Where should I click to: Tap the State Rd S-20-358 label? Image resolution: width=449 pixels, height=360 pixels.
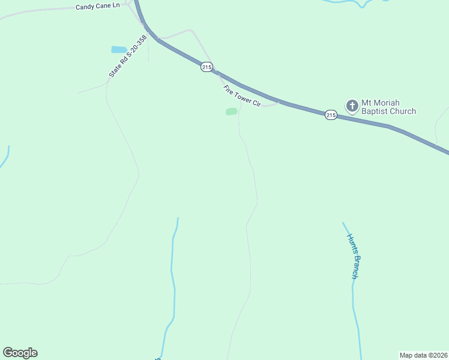(x=127, y=56)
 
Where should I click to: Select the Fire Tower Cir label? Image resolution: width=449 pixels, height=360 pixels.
(x=242, y=96)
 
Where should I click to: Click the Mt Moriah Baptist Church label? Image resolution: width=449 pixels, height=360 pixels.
(x=388, y=107)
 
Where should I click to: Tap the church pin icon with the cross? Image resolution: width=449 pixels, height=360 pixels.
(x=352, y=106)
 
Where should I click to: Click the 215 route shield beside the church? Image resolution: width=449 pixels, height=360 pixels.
(x=331, y=115)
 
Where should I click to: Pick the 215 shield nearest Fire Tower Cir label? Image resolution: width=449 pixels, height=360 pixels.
(x=206, y=68)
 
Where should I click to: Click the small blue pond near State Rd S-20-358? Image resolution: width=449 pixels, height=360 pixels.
(x=119, y=50)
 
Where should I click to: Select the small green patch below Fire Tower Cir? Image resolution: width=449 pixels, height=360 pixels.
(x=231, y=112)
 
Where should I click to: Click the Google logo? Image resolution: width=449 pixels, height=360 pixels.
(x=20, y=353)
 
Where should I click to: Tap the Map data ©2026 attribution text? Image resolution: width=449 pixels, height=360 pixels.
(x=423, y=355)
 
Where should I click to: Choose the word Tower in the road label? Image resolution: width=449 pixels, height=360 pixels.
(x=243, y=97)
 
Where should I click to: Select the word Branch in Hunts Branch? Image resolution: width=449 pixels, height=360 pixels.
(x=355, y=267)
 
